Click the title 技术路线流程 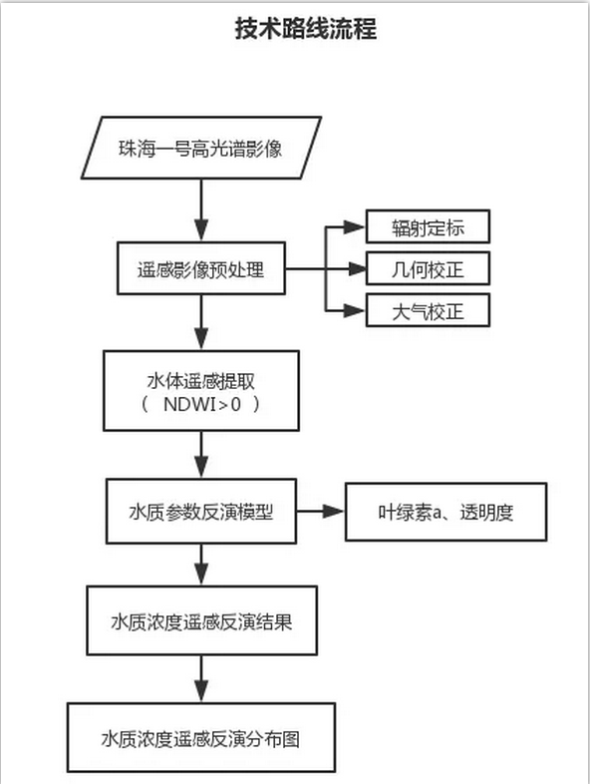click(x=306, y=29)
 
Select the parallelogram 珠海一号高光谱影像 click(x=201, y=148)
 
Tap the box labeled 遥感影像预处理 click(x=201, y=268)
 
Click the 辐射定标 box click(x=428, y=226)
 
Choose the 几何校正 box click(x=428, y=268)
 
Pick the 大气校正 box click(x=428, y=310)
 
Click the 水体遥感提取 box click(x=201, y=390)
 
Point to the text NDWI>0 click(x=202, y=404)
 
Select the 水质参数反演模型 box click(x=201, y=512)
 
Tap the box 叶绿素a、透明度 click(x=445, y=512)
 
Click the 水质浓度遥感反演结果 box click(x=202, y=620)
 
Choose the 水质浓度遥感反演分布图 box click(x=201, y=737)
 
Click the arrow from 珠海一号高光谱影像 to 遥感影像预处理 click(x=201, y=210)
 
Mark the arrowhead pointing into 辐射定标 click(x=355, y=227)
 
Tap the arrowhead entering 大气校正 click(x=355, y=310)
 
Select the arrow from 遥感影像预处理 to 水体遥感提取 click(x=201, y=322)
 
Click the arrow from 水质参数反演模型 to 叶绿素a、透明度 click(x=321, y=511)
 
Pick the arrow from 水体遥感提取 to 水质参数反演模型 click(x=201, y=455)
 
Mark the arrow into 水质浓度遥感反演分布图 click(x=201, y=679)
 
